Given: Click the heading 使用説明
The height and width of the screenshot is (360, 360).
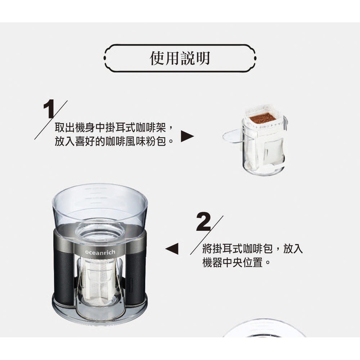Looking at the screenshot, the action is [180, 58].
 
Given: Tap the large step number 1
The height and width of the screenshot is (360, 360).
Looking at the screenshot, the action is [49, 109].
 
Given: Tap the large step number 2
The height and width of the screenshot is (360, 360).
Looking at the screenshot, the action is [203, 222].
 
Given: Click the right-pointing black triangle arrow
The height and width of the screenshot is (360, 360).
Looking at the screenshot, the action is [187, 136].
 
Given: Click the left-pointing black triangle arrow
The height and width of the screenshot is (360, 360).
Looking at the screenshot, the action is [172, 249].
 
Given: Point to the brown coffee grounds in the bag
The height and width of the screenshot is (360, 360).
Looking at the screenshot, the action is [263, 118].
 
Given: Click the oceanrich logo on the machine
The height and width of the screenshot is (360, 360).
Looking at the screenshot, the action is [100, 252].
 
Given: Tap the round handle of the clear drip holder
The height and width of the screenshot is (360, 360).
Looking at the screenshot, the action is [232, 136].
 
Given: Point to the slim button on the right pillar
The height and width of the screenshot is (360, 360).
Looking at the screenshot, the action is [131, 285].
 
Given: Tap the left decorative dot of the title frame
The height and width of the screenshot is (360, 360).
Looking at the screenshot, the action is [105, 58].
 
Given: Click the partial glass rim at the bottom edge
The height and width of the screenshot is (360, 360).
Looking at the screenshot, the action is [264, 323].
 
